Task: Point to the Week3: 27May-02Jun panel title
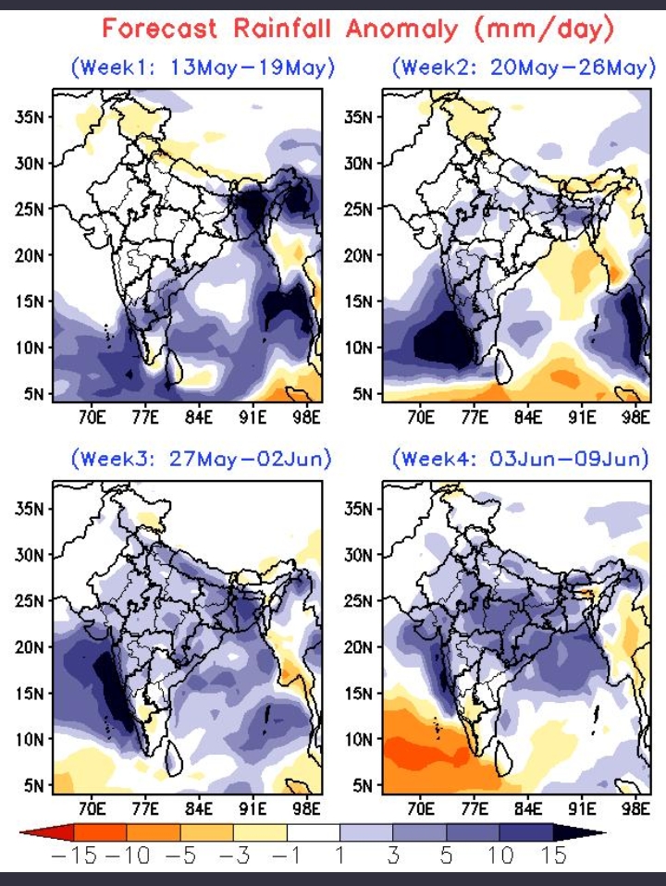pyautogui.click(x=203, y=458)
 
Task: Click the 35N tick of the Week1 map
pyautogui.click(x=31, y=117)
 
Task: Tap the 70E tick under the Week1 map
pyautogui.click(x=91, y=417)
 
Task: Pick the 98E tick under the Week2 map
pyautogui.click(x=635, y=417)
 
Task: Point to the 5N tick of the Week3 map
pyautogui.click(x=34, y=785)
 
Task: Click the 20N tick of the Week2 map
pyautogui.click(x=358, y=255)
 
